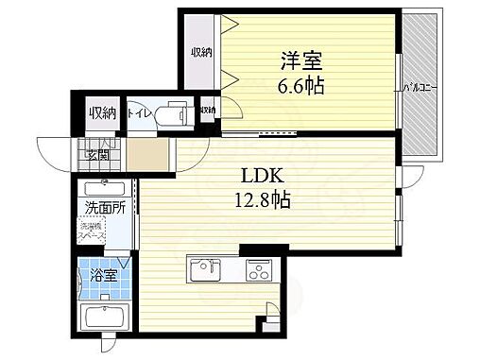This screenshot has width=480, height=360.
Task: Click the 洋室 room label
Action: pyautogui.click(x=301, y=63)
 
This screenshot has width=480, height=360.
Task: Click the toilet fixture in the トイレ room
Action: pyautogui.click(x=172, y=113)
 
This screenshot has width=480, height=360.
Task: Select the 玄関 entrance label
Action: pyautogui.click(x=98, y=155)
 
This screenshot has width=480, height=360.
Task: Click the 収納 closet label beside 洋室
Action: pyautogui.click(x=198, y=51)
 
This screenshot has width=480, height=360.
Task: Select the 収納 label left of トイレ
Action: pyautogui.click(x=102, y=113)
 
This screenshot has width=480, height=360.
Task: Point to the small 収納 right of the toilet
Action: pyautogui.click(x=208, y=111)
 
